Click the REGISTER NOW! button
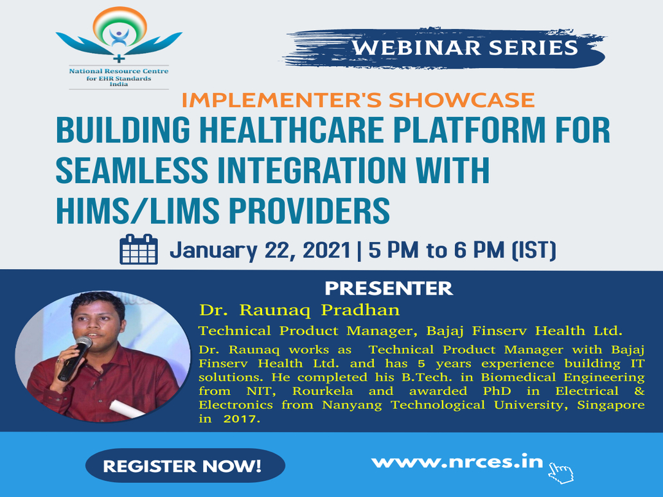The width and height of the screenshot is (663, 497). click(x=185, y=466)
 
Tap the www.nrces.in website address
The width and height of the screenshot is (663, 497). click(x=457, y=462)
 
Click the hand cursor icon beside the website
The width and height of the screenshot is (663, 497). click(x=561, y=473)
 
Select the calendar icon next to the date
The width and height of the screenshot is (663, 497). click(x=139, y=249)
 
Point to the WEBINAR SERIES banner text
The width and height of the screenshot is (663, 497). click(x=465, y=48)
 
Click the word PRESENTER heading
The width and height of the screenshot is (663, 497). click(x=389, y=288)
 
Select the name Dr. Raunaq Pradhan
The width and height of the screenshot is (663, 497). click(x=299, y=310)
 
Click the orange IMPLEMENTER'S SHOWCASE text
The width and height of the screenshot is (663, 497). click(x=358, y=100)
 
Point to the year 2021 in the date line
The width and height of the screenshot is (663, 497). click(x=326, y=250)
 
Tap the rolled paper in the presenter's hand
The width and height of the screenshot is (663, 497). click(x=127, y=409)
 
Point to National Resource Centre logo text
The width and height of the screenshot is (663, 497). click(x=119, y=71)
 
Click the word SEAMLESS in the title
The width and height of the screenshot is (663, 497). click(x=132, y=170)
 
